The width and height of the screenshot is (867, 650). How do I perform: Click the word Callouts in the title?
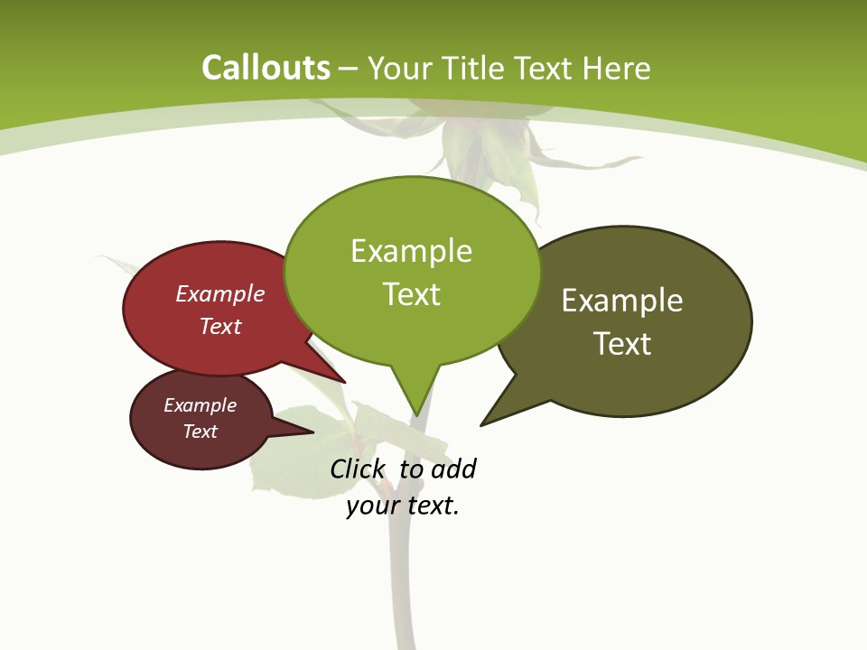[x=266, y=68]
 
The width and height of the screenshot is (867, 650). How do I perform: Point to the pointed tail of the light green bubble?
[x=415, y=402]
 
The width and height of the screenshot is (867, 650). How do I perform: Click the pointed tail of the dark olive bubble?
[x=492, y=418]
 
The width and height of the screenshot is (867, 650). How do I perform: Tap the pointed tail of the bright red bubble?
[x=334, y=374]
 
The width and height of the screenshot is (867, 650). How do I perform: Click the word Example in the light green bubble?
[x=412, y=251]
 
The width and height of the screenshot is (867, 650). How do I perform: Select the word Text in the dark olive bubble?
[x=622, y=344]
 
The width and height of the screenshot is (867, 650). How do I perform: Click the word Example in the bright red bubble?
[x=220, y=293]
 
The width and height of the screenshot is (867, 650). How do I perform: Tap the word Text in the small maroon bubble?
[x=200, y=432]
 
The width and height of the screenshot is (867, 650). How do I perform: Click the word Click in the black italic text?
[x=357, y=469]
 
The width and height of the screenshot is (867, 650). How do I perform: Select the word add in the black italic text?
[x=453, y=469]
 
